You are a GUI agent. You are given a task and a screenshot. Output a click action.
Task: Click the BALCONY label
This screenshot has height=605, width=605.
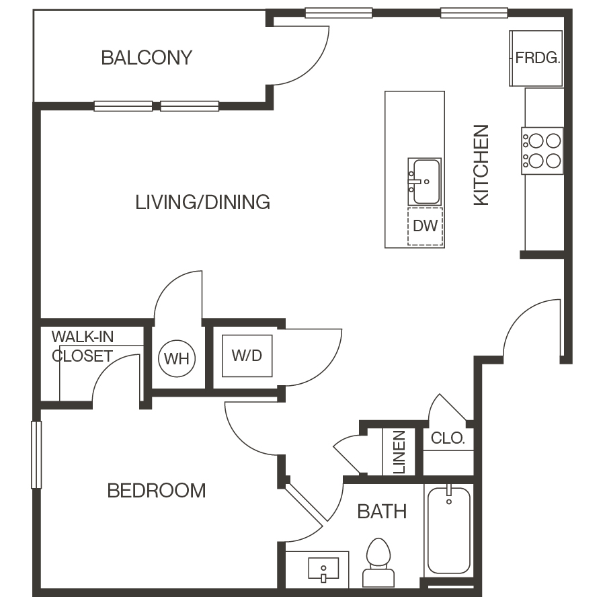(146, 58)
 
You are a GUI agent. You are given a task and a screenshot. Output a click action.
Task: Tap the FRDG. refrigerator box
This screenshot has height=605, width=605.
(536, 58)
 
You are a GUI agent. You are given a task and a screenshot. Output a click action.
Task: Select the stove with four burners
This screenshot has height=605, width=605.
(542, 151)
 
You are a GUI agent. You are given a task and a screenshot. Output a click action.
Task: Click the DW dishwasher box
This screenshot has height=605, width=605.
(425, 227)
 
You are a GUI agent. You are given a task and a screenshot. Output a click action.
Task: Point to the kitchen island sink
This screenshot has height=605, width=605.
(426, 181)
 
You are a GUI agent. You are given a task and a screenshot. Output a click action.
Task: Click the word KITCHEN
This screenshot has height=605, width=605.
(481, 165)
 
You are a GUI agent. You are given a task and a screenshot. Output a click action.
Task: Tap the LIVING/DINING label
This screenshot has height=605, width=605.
(202, 202)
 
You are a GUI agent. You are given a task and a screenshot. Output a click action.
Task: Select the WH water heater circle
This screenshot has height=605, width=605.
(177, 358)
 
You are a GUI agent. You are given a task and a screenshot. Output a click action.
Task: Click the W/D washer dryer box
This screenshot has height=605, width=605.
(247, 356)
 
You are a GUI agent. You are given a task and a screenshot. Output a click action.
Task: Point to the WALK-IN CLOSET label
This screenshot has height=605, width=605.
(82, 346)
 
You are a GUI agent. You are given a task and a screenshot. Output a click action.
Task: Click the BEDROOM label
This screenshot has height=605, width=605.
(157, 491)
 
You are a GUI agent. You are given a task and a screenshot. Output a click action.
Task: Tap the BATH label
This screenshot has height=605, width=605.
(382, 512)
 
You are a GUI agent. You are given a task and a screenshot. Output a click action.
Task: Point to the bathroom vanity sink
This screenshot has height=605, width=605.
(323, 569)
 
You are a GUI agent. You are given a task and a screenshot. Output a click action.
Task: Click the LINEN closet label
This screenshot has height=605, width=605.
(399, 452)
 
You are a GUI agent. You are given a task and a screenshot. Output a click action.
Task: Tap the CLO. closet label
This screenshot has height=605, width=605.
(448, 439)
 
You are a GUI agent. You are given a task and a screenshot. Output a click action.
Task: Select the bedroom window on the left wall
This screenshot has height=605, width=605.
(36, 454)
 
